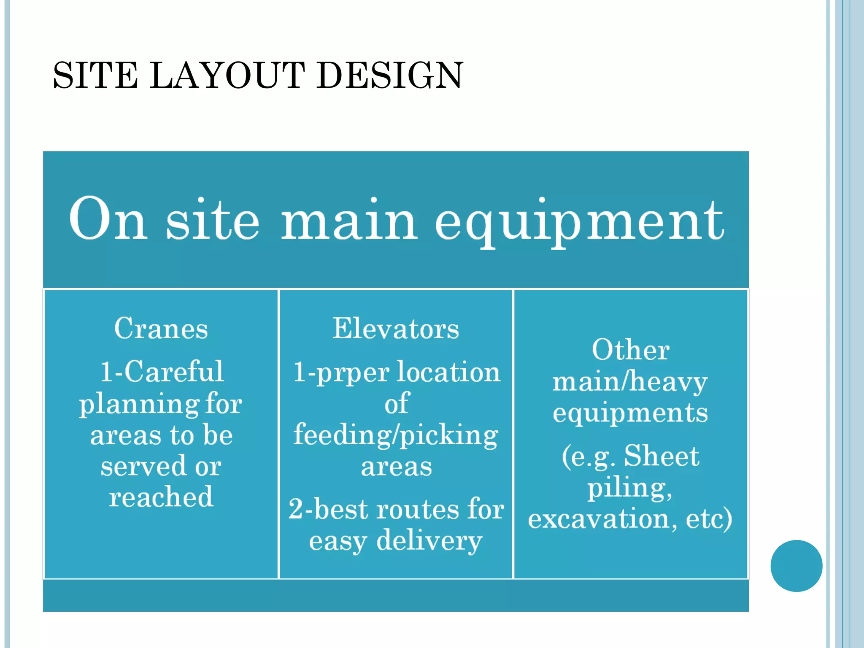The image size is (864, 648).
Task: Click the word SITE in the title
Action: [95, 76]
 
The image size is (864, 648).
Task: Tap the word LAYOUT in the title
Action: [227, 76]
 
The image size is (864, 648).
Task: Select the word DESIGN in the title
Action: [390, 76]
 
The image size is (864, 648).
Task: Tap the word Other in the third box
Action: [630, 350]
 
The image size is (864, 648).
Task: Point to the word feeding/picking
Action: [396, 435]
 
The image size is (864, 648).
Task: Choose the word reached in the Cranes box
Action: [161, 497]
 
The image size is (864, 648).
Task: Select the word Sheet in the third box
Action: [661, 456]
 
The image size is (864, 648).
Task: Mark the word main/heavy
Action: [630, 382]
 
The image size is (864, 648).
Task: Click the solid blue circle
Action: [796, 566]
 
